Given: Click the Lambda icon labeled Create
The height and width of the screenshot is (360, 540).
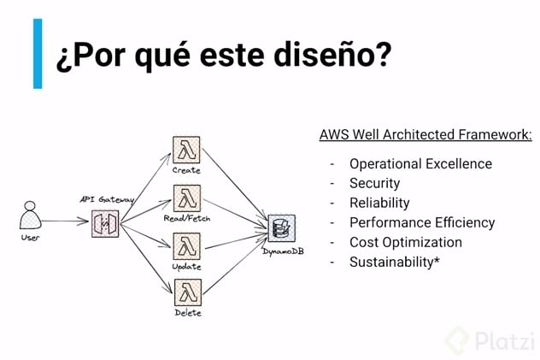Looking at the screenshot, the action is tap(186, 150).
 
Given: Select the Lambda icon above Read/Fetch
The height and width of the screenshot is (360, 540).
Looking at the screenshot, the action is tap(187, 198).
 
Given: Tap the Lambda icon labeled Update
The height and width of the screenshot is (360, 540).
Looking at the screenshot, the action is tap(187, 246).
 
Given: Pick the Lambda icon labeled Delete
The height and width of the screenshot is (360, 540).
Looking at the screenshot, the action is tap(188, 292).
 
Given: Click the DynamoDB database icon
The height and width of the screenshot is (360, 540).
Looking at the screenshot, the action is tap(282, 228).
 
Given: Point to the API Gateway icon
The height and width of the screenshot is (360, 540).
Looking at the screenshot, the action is tap(105, 223).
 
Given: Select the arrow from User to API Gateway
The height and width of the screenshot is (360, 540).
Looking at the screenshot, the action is tap(65, 221).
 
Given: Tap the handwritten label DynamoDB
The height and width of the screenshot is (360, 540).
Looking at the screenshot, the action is tap(283, 251).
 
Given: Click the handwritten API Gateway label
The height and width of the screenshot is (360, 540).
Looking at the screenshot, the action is tap(107, 199).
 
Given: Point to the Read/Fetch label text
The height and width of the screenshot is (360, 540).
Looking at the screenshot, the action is tap(187, 218).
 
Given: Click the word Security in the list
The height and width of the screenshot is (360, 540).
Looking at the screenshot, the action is tap(375, 184).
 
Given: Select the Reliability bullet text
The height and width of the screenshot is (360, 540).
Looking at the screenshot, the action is tap(379, 203).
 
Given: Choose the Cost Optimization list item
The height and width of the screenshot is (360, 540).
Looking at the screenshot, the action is tap(406, 242).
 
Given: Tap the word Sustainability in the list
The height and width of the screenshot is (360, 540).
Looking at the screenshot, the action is tap(391, 263).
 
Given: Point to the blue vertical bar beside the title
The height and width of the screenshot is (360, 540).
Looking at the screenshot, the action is tap(38, 54).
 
